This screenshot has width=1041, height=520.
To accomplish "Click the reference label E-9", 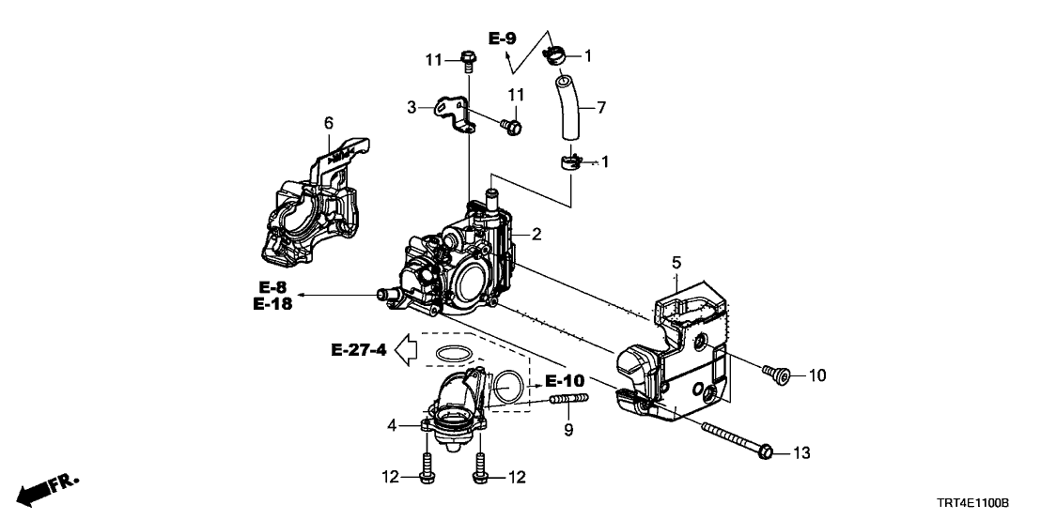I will (x=503, y=38).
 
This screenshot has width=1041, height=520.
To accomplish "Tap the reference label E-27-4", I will (x=359, y=351).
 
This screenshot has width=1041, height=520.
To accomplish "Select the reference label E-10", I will (x=565, y=381).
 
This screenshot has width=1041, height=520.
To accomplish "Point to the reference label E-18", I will (x=272, y=303).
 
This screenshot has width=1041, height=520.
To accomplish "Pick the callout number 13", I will (x=801, y=453).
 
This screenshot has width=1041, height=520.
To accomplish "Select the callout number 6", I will (x=329, y=123).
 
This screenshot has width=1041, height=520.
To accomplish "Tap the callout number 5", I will (x=675, y=264).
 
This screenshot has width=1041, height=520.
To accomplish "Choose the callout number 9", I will (x=567, y=431).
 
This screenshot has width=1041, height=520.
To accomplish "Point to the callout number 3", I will (x=412, y=108).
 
